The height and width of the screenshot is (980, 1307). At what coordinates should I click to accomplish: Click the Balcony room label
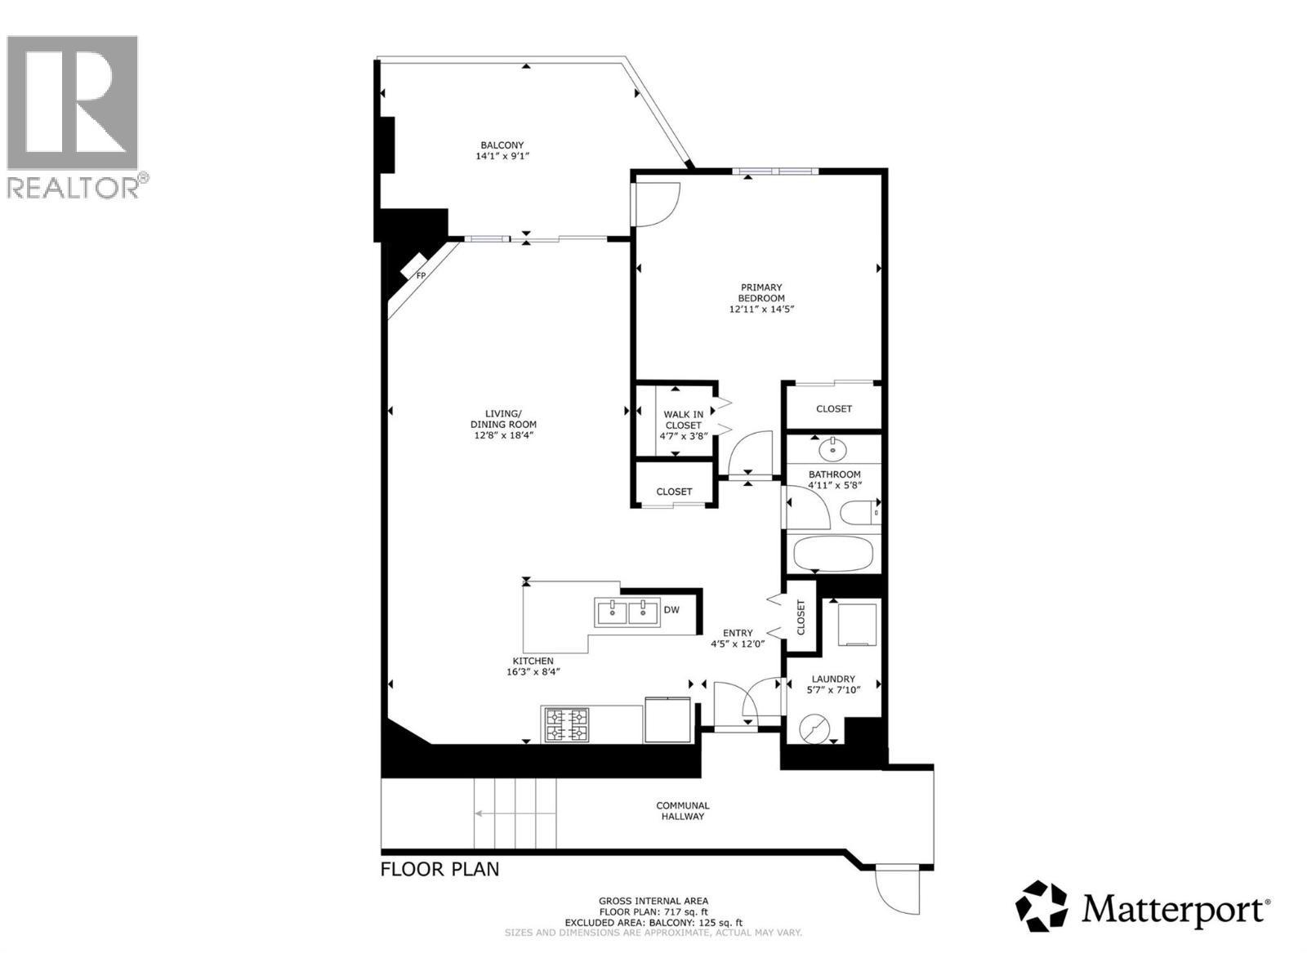pos(502,145)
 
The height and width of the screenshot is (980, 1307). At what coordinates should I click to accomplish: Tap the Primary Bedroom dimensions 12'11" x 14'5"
pos(761,310)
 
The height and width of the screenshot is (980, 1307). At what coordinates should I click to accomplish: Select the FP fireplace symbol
pos(420,275)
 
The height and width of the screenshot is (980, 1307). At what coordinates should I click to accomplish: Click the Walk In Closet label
pos(683,420)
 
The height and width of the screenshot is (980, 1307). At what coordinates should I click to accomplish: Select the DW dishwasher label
pos(671,610)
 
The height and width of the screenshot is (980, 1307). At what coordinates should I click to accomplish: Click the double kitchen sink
pos(627,611)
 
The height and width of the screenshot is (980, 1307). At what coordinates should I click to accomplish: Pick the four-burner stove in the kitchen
pos(568,724)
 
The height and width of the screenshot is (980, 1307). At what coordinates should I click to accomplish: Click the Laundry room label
pos(833,679)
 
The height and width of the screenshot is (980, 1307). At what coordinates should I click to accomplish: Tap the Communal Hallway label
pos(683,810)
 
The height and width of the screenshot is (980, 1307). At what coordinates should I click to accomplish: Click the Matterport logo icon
pos(1042,906)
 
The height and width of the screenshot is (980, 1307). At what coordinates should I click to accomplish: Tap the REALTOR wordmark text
pos(74,188)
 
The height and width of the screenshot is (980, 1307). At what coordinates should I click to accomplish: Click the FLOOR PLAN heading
pos(439,869)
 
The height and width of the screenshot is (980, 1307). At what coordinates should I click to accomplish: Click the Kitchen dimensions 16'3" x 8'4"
pos(533,672)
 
